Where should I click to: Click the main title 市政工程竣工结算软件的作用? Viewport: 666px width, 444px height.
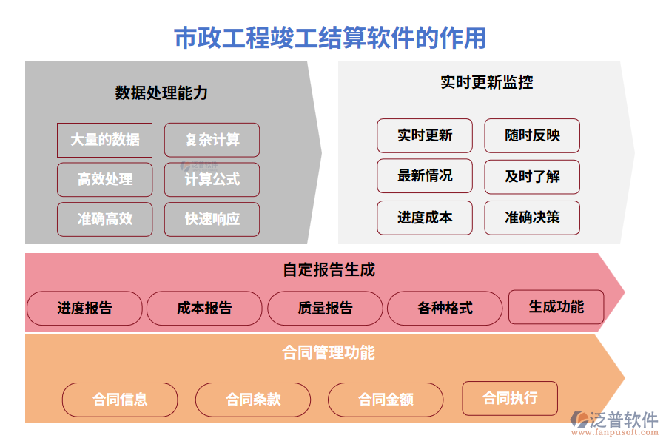330,37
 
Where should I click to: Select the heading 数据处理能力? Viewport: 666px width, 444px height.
161,93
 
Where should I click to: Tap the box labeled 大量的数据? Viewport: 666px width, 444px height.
104,140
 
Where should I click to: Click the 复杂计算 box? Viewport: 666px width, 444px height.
212,140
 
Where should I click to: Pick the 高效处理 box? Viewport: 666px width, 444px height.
104,180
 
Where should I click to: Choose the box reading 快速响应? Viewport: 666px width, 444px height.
212,219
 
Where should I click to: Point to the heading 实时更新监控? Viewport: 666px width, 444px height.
486,82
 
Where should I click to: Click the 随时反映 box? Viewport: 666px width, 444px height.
532,135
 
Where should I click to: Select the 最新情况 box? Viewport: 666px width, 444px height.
425,176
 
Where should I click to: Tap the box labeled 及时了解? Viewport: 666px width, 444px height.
532,176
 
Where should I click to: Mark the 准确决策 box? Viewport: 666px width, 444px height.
532,218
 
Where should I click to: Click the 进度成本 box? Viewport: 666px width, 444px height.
425,218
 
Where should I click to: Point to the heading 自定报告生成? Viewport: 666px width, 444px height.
329,270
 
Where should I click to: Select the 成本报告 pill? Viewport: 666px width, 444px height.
204,309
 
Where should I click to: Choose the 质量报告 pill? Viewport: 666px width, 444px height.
325,309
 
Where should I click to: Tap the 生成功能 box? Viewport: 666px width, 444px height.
556,307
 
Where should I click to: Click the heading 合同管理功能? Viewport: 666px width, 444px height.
329,352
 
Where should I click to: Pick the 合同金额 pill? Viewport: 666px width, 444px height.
386,400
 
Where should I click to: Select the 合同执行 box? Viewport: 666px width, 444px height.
510,398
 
